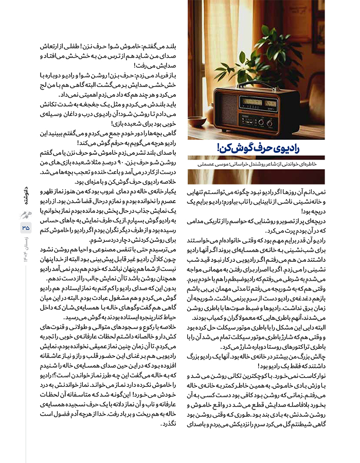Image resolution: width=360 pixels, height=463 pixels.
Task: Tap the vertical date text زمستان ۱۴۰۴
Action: (x=26, y=250)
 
